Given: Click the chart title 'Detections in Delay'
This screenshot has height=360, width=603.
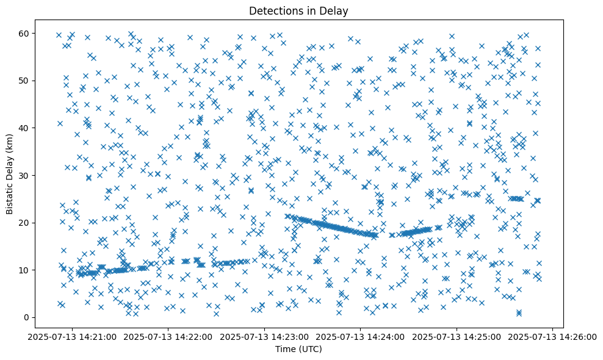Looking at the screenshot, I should (x=299, y=10).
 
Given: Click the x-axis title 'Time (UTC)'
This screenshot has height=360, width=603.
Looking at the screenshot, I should (x=299, y=350).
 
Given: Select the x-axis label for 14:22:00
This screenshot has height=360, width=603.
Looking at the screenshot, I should (x=168, y=336).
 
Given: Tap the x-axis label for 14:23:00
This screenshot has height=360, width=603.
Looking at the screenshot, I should (x=265, y=336).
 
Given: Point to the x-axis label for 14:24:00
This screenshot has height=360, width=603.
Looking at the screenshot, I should (x=361, y=336).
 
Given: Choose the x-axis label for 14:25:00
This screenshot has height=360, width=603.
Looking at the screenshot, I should (x=457, y=336).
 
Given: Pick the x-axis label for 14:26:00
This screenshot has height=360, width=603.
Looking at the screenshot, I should (x=553, y=336).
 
